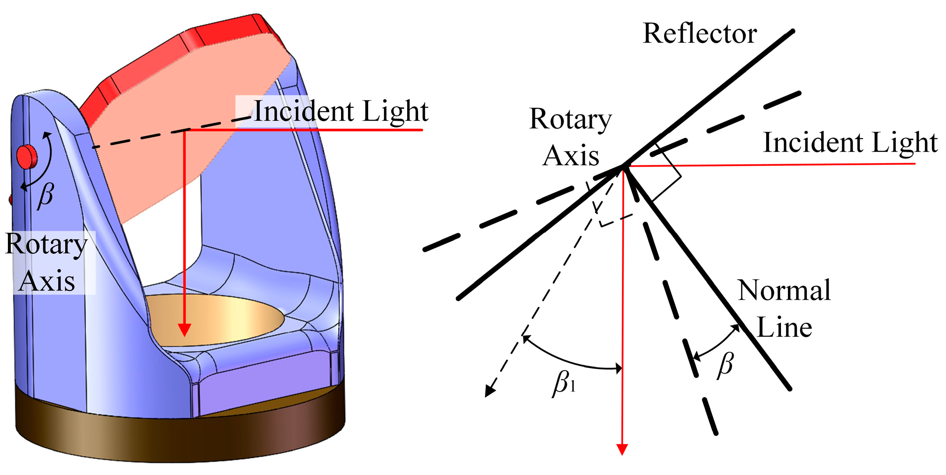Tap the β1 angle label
tap(564, 383)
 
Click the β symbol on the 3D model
tap(46, 195)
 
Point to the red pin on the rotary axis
tap(27, 156)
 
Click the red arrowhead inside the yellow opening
tap(185, 330)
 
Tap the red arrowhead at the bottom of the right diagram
tap(622, 449)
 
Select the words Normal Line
tap(784, 308)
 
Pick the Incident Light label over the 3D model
tap(341, 111)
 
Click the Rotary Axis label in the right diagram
tap(570, 136)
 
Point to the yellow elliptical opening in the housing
tap(228, 319)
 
